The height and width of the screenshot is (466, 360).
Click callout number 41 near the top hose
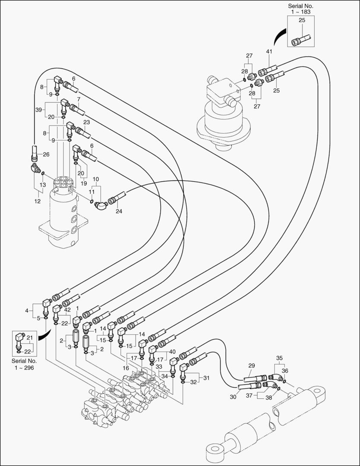(269, 52)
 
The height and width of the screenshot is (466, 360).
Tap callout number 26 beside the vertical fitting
(46, 154)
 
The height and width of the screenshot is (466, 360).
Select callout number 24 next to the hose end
(119, 211)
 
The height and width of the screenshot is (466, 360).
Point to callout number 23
(86, 123)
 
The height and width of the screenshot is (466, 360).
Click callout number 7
(78, 100)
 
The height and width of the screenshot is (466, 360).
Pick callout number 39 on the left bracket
(38, 110)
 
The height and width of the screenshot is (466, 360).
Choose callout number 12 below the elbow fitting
(38, 201)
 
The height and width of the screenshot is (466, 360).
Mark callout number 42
(67, 309)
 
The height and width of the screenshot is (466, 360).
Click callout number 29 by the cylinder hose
(252, 365)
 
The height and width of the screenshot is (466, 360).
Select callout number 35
(280, 358)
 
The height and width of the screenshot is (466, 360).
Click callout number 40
(173, 351)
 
